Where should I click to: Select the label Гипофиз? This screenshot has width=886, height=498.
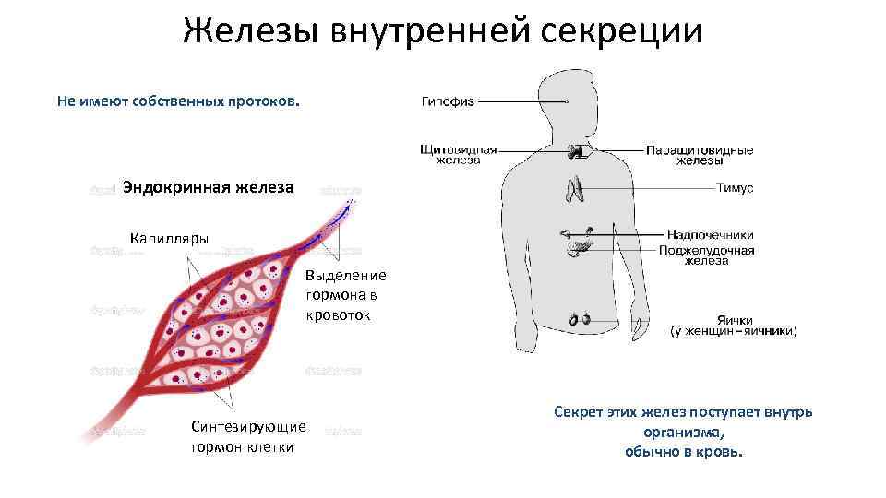click(x=448, y=101)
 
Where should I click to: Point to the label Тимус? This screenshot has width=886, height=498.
click(x=735, y=188)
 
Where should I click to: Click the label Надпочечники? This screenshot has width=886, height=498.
click(x=710, y=234)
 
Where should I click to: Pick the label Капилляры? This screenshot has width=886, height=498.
click(x=170, y=238)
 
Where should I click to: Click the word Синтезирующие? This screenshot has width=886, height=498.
click(x=248, y=426)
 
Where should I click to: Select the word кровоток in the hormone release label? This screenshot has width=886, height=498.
click(x=339, y=314)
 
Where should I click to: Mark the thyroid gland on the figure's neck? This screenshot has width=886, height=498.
click(x=577, y=151)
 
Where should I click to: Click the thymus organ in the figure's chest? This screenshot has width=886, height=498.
click(x=574, y=189)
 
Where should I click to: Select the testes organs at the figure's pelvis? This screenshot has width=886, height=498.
click(x=580, y=319)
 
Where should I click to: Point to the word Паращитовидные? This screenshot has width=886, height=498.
click(x=699, y=149)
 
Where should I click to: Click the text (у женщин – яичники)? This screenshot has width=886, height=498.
click(x=732, y=331)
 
